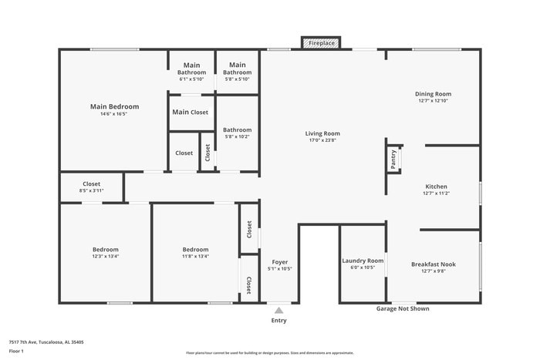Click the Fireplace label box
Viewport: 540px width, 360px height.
[322, 43]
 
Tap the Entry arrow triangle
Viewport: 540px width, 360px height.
[278, 310]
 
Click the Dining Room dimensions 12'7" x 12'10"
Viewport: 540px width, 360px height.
[433, 100]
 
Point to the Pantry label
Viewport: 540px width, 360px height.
[393, 159]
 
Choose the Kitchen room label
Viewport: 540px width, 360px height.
[436, 187]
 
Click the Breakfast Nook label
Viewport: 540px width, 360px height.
[433, 264]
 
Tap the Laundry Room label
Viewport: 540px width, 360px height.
[363, 261]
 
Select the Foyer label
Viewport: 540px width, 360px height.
[278, 261]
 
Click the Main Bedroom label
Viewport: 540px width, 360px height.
[114, 106]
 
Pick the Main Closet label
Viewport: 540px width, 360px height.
[191, 112]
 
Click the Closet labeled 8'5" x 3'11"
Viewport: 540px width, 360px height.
[91, 184]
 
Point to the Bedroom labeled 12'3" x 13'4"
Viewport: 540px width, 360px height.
[106, 250]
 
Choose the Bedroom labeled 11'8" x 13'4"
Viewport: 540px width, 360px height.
[195, 250]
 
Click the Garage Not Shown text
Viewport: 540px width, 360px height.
[403, 308]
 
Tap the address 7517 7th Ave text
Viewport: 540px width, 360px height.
[46, 341]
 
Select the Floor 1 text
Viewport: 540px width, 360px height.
[16, 352]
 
